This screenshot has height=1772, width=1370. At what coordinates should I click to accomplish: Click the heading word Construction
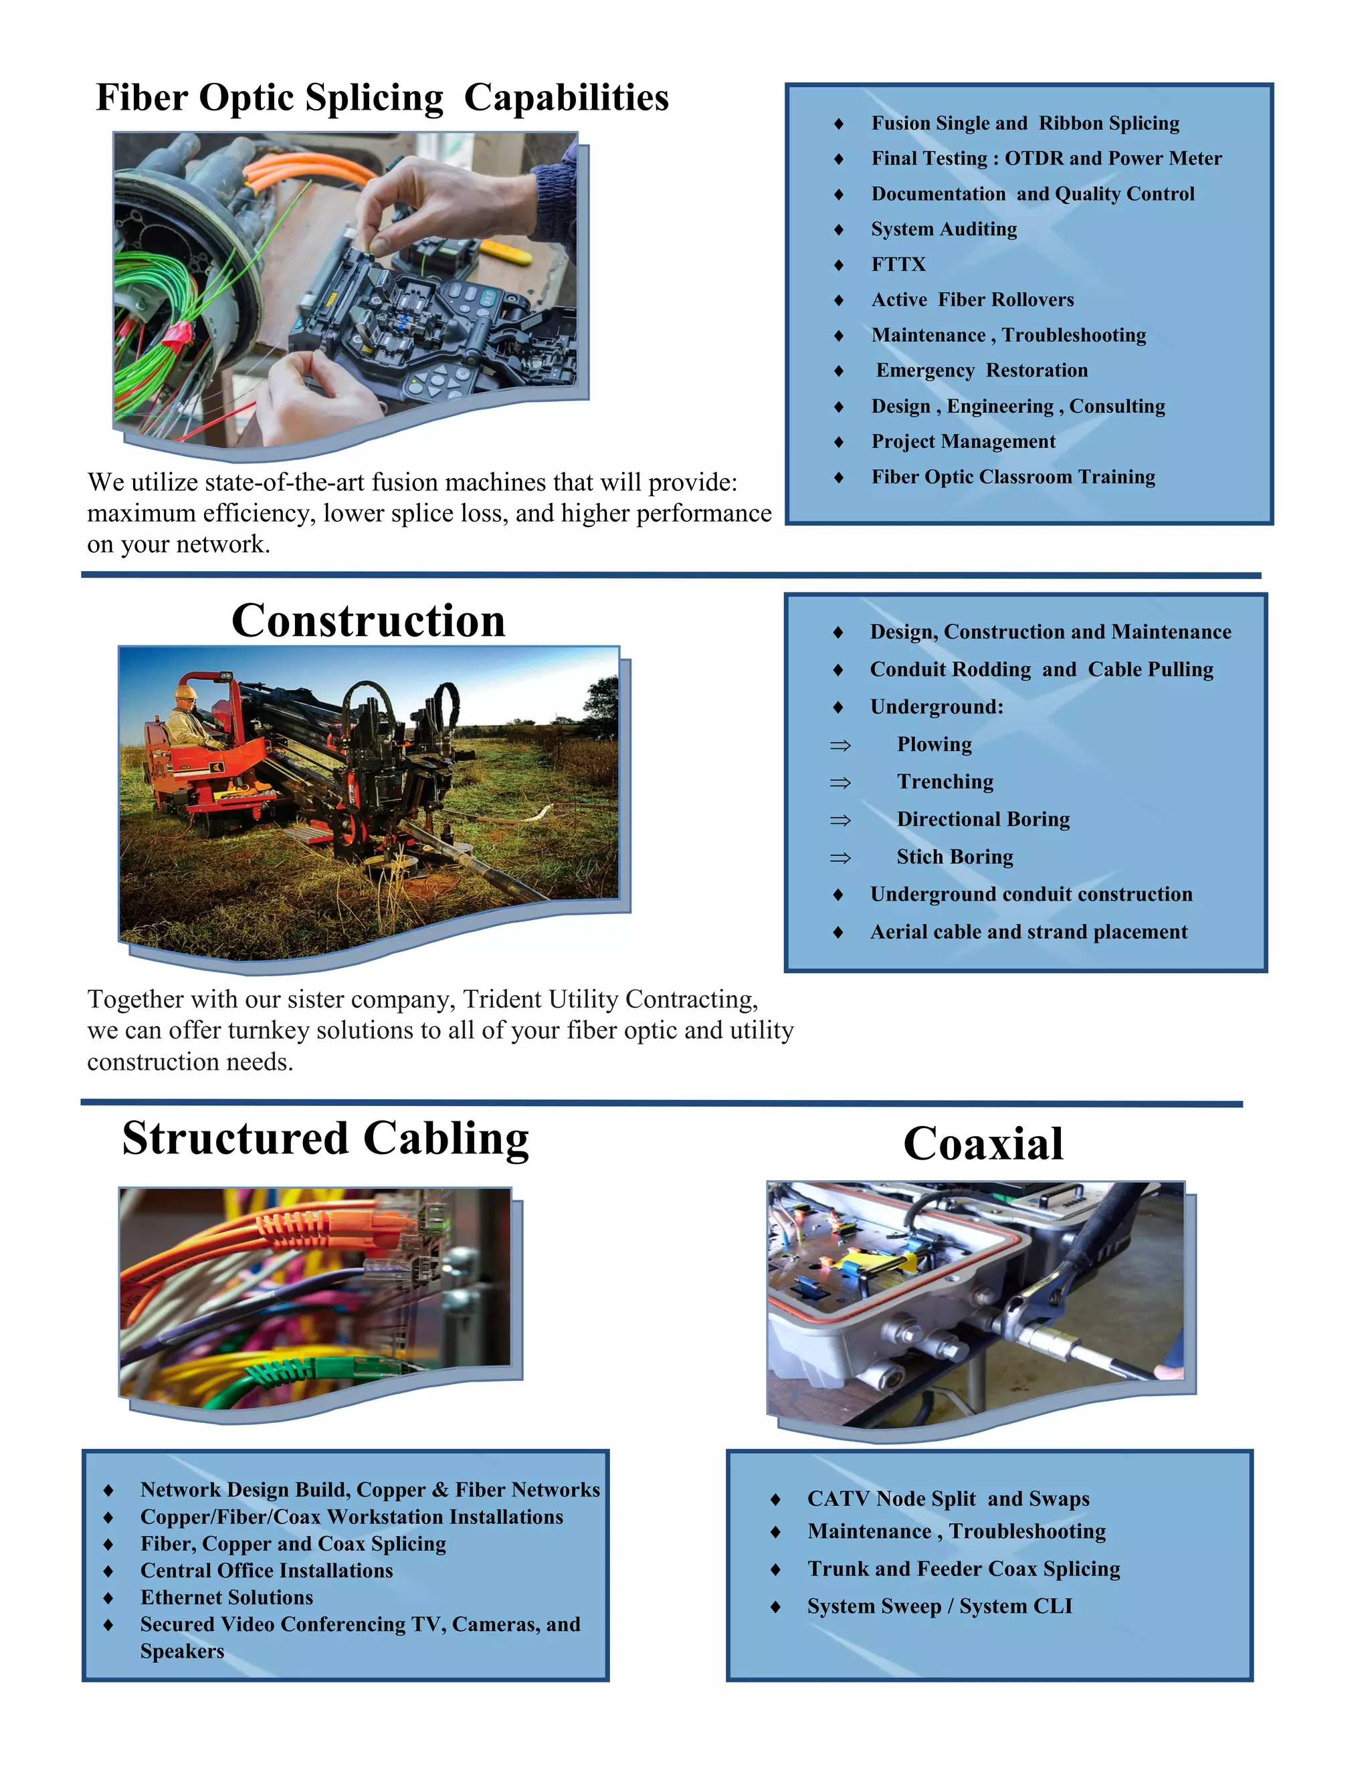[369, 621]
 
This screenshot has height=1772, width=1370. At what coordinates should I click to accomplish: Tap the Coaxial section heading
[983, 1144]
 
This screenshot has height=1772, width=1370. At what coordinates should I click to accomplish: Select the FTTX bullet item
[898, 265]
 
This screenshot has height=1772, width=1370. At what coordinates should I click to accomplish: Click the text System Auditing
[944, 229]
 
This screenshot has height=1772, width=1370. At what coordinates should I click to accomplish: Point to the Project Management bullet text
[963, 441]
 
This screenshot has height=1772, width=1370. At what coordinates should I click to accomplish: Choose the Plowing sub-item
[934, 744]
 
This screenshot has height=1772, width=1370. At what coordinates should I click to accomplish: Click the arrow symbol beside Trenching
[840, 782]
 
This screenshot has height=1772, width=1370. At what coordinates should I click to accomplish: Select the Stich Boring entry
[955, 857]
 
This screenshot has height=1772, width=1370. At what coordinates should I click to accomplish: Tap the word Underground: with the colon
[937, 707]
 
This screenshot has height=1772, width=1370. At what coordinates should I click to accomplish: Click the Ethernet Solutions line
[227, 1597]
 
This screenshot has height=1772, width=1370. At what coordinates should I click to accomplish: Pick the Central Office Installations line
[266, 1570]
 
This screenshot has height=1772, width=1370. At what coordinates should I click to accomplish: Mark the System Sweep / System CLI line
[940, 1605]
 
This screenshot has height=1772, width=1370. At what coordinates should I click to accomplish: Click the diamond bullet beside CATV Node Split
[775, 1499]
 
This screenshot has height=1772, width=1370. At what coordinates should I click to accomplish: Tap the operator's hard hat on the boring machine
[186, 692]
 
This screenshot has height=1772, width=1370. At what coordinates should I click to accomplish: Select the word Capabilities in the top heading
[566, 98]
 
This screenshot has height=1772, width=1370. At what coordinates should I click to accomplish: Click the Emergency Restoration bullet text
[981, 371]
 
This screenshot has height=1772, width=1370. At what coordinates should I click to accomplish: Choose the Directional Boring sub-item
[983, 820]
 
